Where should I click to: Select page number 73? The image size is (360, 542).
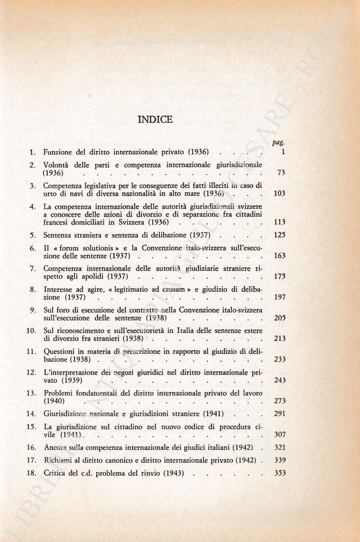(280, 173)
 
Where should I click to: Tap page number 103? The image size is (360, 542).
(279, 193)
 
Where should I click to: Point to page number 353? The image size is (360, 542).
(279, 473)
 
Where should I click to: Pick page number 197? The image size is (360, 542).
(279, 298)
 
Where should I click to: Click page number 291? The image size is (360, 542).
(279, 413)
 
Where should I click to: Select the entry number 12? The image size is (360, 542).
(30, 372)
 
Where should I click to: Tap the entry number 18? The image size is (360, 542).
(30, 473)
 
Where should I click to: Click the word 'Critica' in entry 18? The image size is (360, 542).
(54, 473)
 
